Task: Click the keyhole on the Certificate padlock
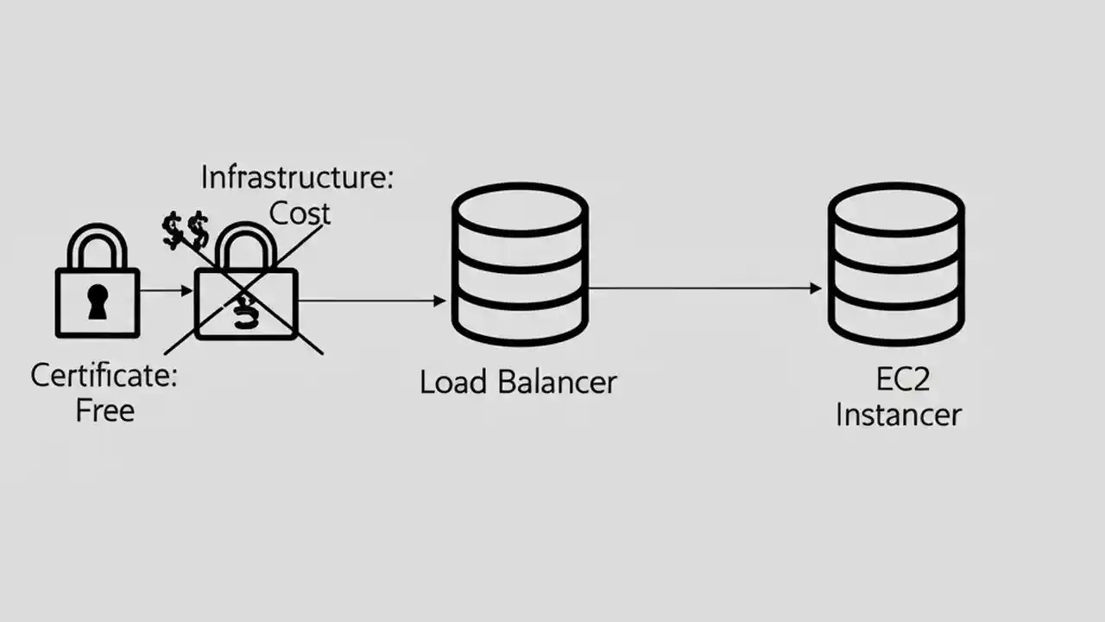coord(98,302)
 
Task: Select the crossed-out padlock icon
coord(246,289)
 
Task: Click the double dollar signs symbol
coord(186,232)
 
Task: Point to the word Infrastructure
coord(296,178)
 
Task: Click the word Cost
coord(300,213)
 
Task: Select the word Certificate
coord(104,376)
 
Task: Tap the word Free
coord(105,410)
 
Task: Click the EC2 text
coord(897,380)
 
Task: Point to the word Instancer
coord(898,415)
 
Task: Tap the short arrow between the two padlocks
coord(166,291)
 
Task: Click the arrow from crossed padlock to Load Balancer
coord(371,301)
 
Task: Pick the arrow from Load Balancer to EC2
coord(704,289)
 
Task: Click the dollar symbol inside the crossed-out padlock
coord(246,311)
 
